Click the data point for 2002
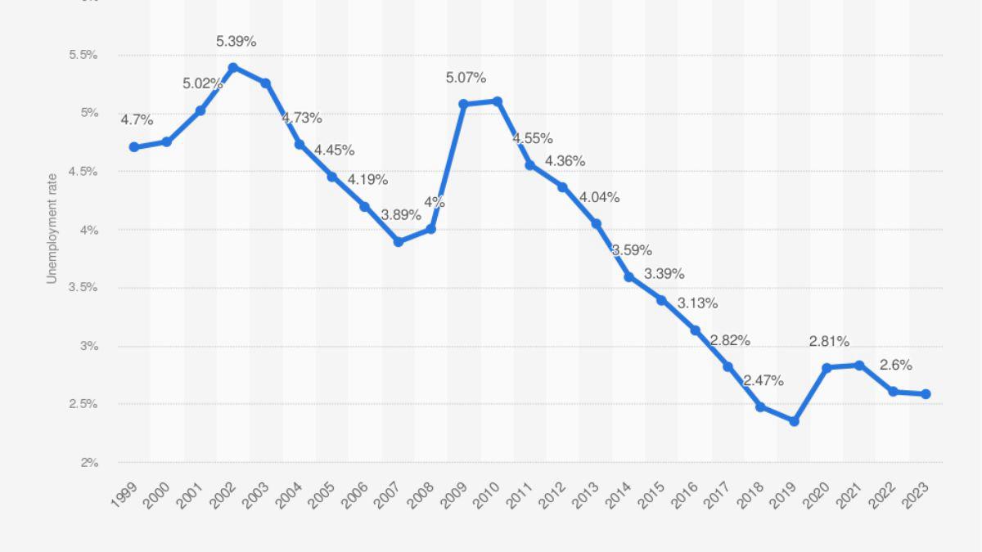pyautogui.click(x=233, y=67)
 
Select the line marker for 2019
pyautogui.click(x=794, y=421)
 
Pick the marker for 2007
pyautogui.click(x=399, y=242)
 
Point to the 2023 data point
pyautogui.click(x=926, y=394)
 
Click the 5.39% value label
pyautogui.click(x=236, y=41)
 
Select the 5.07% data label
pyautogui.click(x=466, y=78)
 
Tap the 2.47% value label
pyautogui.click(x=764, y=380)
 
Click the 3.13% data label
pyautogui.click(x=698, y=303)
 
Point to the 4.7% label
pyautogui.click(x=137, y=119)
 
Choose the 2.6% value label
pyautogui.click(x=895, y=365)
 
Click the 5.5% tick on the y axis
pyautogui.click(x=83, y=55)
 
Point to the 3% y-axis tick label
pyautogui.click(x=89, y=346)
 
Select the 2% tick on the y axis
pyautogui.click(x=89, y=463)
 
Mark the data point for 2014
pyautogui.click(x=629, y=277)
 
